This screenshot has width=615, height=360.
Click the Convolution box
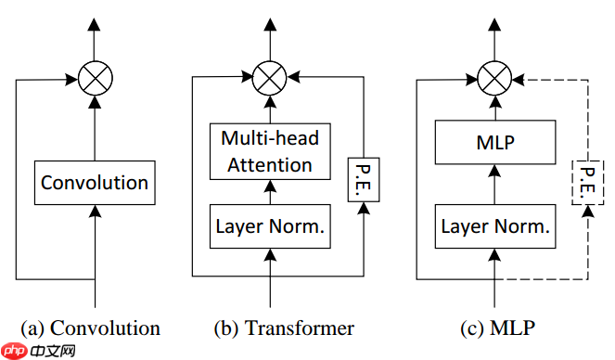[x=94, y=183]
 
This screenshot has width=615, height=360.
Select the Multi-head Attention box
[x=270, y=152]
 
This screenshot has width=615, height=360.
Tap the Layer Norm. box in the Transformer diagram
[x=270, y=225]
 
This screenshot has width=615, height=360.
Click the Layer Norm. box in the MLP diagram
[x=495, y=225]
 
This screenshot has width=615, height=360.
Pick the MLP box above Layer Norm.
[x=495, y=143]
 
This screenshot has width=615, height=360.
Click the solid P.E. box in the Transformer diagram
[x=363, y=181]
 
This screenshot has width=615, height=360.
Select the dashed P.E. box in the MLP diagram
[x=585, y=182]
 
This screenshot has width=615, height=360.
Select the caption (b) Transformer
[x=283, y=328]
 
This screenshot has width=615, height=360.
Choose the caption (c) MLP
[x=498, y=328]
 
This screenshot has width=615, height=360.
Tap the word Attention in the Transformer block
[x=270, y=165]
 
